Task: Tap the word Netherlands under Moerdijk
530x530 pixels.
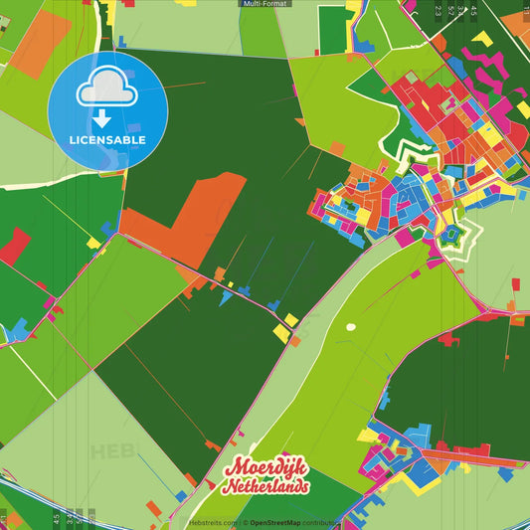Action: click(266, 487)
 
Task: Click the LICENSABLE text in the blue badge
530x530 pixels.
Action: click(107, 140)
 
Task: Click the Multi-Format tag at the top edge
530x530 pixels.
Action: click(265, 4)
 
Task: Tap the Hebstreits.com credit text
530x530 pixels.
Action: click(212, 523)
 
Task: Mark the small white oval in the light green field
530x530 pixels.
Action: click(350, 326)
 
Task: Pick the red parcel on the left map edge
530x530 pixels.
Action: click(14, 245)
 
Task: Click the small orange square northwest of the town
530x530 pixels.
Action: click(337, 148)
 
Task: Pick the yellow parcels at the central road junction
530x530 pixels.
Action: click(285, 329)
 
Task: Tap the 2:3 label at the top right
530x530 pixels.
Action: click(438, 12)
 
